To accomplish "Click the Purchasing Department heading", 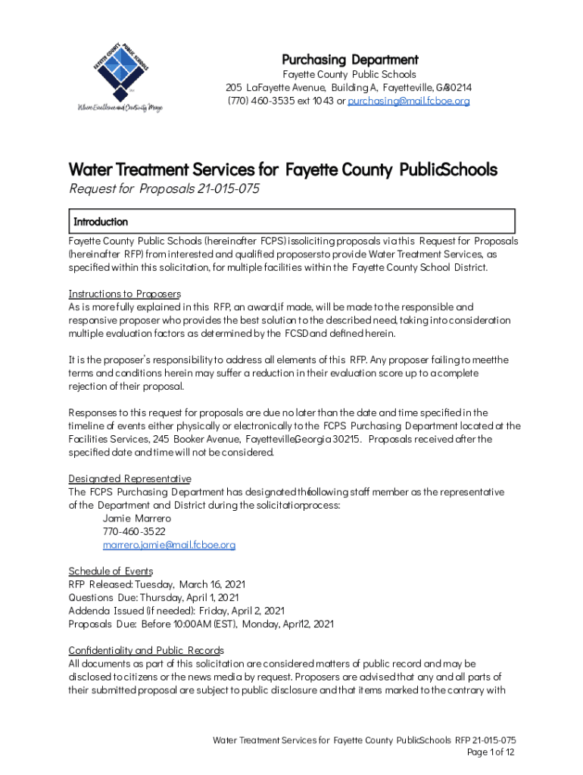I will pyautogui.click(x=350, y=60).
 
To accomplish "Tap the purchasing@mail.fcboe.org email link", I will pyautogui.click(x=409, y=101).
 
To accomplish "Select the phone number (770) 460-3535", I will pyautogui.click(x=257, y=101).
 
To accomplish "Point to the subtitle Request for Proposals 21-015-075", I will pyautogui.click(x=164, y=189).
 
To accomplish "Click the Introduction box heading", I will pyautogui.click(x=101, y=222).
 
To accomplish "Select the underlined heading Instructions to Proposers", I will pyautogui.click(x=125, y=294).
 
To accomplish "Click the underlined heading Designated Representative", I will pyautogui.click(x=129, y=479).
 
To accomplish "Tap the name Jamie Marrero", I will pyautogui.click(x=137, y=518).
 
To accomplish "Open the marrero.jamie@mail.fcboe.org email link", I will pyautogui.click(x=170, y=545).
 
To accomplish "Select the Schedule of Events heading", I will pyautogui.click(x=111, y=571).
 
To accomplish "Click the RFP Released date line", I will pyautogui.click(x=157, y=584).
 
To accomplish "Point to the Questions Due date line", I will pyautogui.click(x=153, y=597).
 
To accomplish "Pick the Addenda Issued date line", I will pyautogui.click(x=176, y=611).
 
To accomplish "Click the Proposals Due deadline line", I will pyautogui.click(x=201, y=624).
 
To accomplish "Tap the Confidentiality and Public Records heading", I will pyautogui.click(x=146, y=650).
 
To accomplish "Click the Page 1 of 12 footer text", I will pyautogui.click(x=491, y=752).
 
